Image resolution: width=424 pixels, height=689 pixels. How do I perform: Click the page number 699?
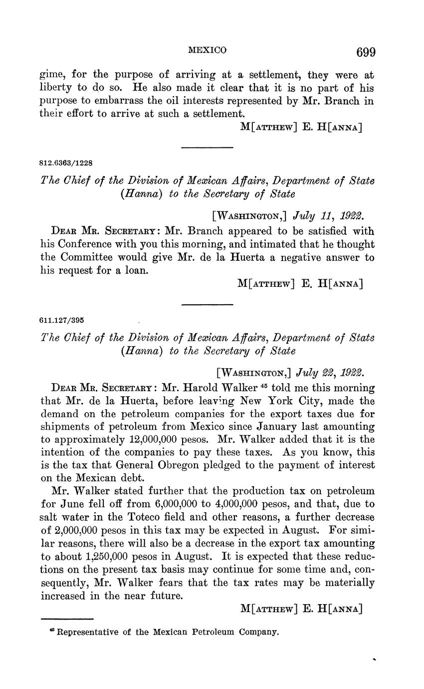point(366,52)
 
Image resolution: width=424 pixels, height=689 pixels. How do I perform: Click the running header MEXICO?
point(207,50)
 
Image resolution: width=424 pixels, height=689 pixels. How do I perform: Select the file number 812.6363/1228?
point(66,163)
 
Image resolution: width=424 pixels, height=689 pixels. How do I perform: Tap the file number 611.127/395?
point(63,319)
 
